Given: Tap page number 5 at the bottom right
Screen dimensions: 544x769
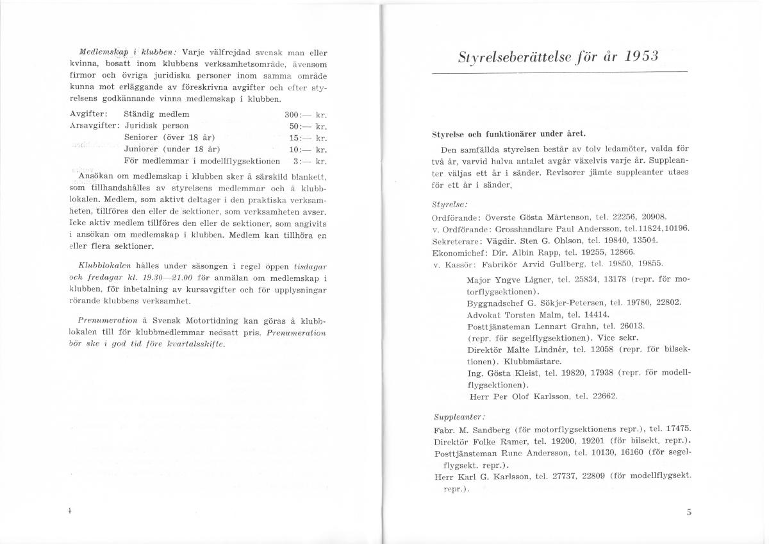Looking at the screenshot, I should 689,511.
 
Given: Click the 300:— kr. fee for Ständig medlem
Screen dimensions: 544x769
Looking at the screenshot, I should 306,114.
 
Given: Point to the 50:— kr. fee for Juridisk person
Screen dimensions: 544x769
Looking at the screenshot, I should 308,126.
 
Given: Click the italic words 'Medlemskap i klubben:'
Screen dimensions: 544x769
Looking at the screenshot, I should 128,53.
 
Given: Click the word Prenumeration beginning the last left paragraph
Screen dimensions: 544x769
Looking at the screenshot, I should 104,319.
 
